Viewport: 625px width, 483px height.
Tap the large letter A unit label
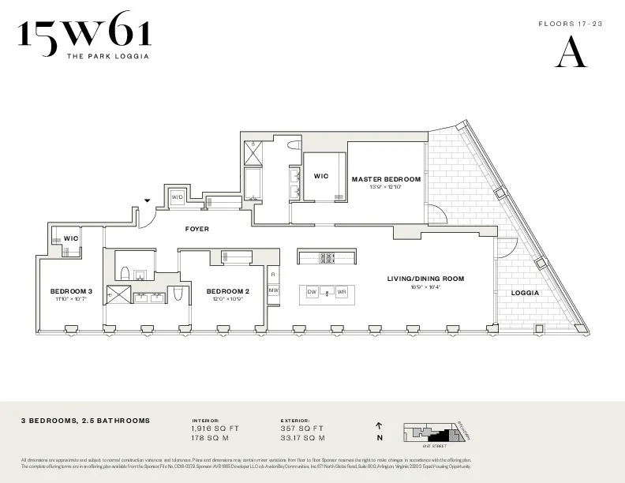pyautogui.click(x=571, y=53)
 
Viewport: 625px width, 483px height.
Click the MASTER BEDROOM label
pyautogui.click(x=386, y=179)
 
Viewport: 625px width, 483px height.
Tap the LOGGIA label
pyautogui.click(x=526, y=293)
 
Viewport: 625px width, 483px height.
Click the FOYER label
pyautogui.click(x=196, y=230)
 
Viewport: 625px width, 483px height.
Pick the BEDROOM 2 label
pyautogui.click(x=228, y=290)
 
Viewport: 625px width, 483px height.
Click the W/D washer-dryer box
pyautogui.click(x=177, y=197)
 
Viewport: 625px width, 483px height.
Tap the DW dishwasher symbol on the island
pyautogui.click(x=312, y=292)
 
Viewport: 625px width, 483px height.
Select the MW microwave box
pyautogui.click(x=273, y=290)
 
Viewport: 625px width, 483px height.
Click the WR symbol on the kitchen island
pyautogui.click(x=342, y=292)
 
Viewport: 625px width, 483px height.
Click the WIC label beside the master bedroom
pyautogui.click(x=321, y=176)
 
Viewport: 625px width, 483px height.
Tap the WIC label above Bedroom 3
pyautogui.click(x=71, y=238)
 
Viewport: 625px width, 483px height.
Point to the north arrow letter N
pyautogui.click(x=380, y=438)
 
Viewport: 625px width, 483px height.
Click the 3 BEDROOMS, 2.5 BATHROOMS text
pyautogui.click(x=85, y=421)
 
